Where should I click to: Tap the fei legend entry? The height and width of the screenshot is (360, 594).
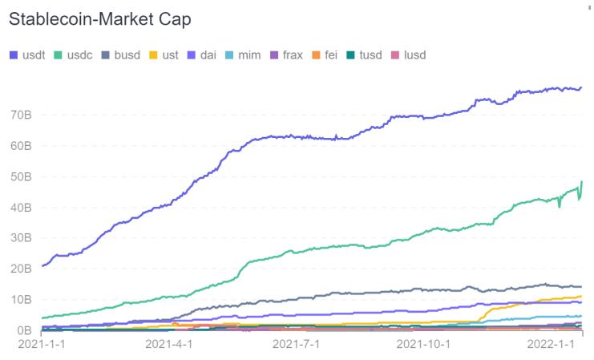click(x=334, y=55)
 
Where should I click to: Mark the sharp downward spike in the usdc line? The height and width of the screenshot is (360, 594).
click(x=559, y=205)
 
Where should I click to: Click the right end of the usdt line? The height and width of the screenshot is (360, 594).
click(x=581, y=87)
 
